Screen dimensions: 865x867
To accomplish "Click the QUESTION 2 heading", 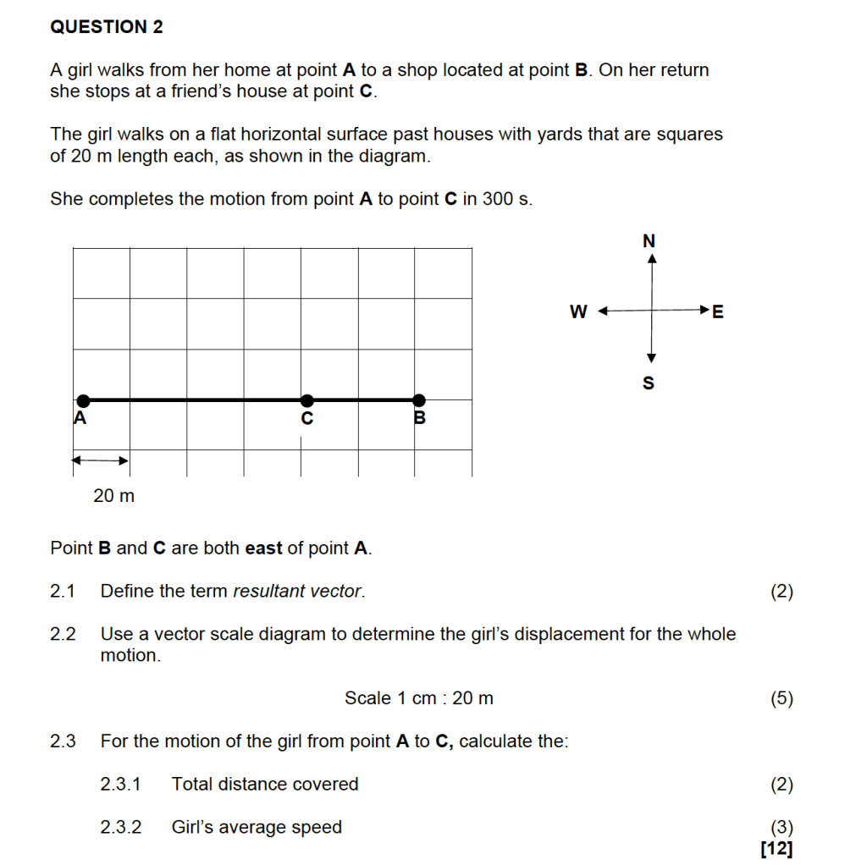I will [107, 27].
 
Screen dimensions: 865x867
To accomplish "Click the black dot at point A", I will [82, 400].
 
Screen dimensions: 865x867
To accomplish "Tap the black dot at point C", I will [307, 400].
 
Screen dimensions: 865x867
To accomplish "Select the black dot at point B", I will [418, 400].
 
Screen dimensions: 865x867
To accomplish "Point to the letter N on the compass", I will [649, 241].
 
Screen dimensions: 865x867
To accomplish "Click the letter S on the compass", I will [649, 383].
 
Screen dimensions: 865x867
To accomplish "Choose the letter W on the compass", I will [578, 312].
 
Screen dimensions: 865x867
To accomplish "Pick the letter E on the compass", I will [718, 312].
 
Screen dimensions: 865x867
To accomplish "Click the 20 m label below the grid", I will [113, 496].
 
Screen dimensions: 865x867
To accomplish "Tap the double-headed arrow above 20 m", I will [99, 460].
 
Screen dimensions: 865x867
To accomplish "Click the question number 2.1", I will [63, 592].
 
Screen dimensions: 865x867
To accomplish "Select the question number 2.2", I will [63, 634].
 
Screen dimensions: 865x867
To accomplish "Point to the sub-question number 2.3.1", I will [122, 785].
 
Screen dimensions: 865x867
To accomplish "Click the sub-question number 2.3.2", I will [122, 828].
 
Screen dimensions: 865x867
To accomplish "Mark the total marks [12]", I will [777, 848].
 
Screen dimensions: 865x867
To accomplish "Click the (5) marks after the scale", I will [781, 698].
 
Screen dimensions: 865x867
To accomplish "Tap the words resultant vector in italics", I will [298, 592].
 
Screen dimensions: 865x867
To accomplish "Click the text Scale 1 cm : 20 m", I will [418, 698].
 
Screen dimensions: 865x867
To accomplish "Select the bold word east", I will [263, 548].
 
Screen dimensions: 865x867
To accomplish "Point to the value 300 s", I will [506, 199].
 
